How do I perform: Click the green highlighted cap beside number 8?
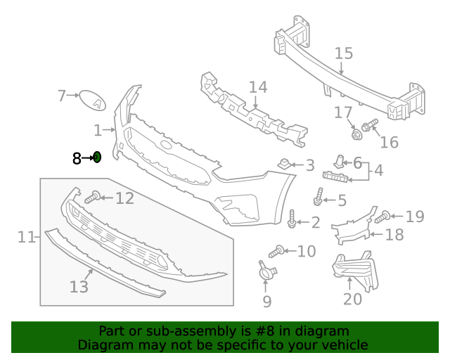tap(98, 157)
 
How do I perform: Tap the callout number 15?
tap(343, 53)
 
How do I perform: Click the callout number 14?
tap(258, 87)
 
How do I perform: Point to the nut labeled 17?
tap(356, 131)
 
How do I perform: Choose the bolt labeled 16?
tap(371, 127)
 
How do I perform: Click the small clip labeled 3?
tap(285, 165)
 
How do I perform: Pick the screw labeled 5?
tap(319, 198)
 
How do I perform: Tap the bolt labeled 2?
tap(292, 219)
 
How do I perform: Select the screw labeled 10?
tap(277, 250)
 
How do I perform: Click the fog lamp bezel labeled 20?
tap(354, 271)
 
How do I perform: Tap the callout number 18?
tap(394, 234)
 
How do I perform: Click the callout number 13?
tap(79, 287)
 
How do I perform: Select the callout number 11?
tap(26, 237)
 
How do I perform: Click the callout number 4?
tap(378, 169)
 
